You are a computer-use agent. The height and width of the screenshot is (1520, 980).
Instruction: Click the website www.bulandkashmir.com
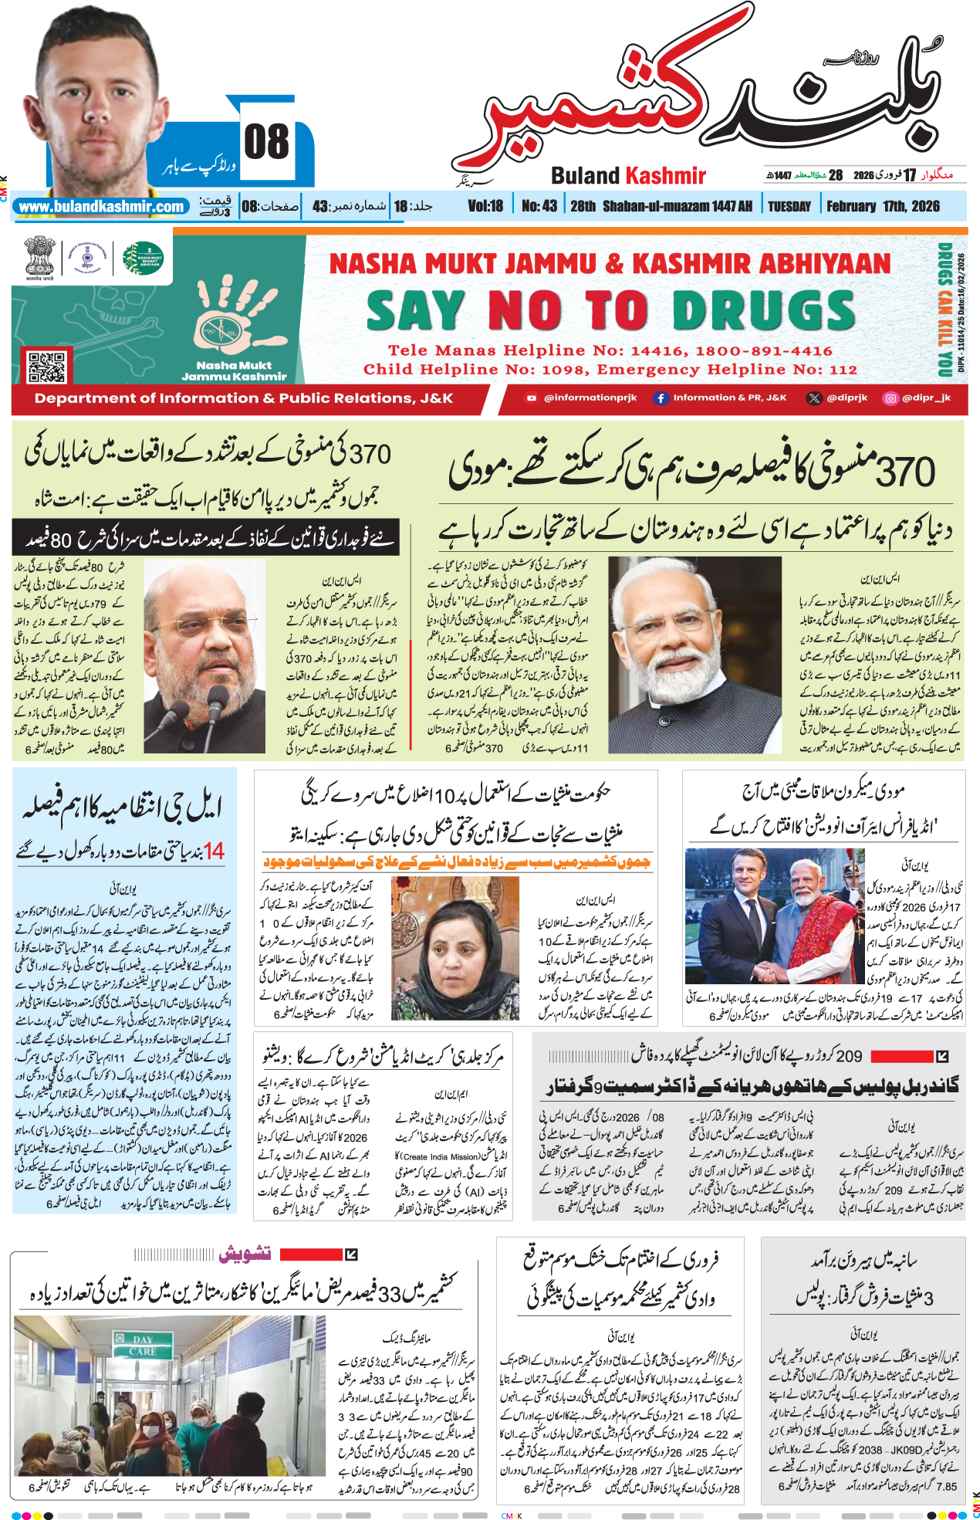[x=101, y=207]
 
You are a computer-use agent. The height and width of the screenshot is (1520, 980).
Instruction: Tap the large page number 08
[x=266, y=143]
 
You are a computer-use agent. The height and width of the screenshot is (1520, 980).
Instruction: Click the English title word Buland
[x=585, y=176]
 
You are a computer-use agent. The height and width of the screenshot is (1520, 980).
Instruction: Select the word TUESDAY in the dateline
[x=789, y=206]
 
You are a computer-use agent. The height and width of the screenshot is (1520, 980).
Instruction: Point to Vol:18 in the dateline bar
[x=485, y=206]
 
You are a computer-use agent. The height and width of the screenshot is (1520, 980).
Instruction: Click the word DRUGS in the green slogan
[x=763, y=311]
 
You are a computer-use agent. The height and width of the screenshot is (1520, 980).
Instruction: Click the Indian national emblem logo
[x=39, y=257]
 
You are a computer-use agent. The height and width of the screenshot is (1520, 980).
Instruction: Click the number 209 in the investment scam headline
[x=849, y=1056]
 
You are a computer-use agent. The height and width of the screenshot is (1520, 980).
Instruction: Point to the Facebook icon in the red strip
[x=661, y=398]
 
